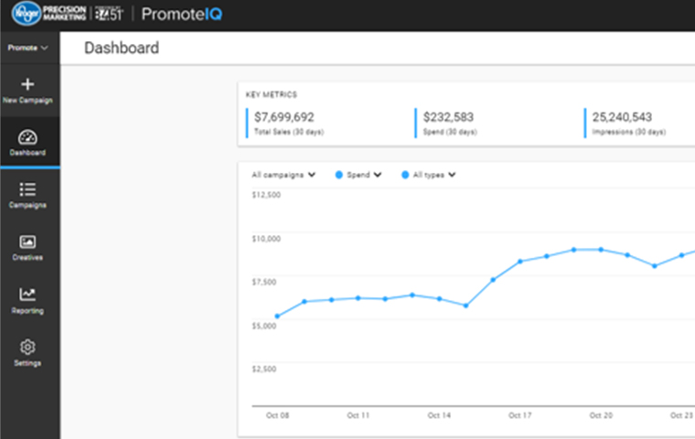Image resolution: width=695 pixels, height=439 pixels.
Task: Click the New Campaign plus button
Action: click(27, 85)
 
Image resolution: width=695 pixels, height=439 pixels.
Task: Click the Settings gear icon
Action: click(27, 348)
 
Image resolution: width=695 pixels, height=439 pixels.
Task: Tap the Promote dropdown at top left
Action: click(27, 47)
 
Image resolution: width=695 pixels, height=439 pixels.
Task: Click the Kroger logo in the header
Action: click(23, 15)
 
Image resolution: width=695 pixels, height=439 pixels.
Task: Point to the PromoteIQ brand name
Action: click(182, 15)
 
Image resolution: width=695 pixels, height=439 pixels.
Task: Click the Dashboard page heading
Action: click(122, 48)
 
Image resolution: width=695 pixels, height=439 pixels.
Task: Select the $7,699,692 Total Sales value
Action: click(284, 117)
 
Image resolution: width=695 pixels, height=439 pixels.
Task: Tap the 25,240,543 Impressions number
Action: click(622, 117)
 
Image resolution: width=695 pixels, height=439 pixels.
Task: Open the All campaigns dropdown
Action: click(283, 175)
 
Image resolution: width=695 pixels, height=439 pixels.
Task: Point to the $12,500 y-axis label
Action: click(266, 195)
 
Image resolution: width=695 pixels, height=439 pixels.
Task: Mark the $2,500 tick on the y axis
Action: click(266, 369)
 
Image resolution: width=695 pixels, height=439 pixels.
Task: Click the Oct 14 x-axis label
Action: click(439, 415)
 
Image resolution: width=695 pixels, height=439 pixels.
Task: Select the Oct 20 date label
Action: click(601, 415)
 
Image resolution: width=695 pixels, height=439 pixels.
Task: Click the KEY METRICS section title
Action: click(272, 94)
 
